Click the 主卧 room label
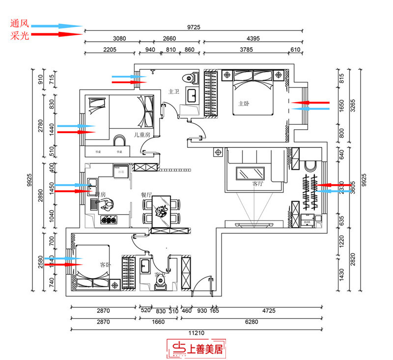[x=244, y=104]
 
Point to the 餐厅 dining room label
[x=146, y=194]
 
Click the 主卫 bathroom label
[x=174, y=92]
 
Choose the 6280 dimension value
[x=268, y=321]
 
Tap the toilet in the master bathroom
[x=189, y=78]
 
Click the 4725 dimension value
[x=268, y=310]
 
